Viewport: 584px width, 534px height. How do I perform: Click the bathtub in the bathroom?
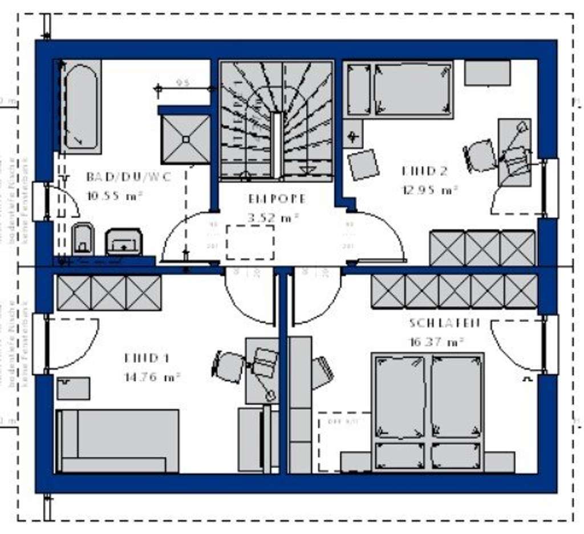point(80,107)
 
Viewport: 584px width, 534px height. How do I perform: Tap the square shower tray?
point(185,139)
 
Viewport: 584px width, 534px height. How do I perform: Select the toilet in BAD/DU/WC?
point(83,238)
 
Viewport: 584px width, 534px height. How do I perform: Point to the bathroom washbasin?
point(123,241)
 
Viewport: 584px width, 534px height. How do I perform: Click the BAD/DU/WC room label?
point(129,176)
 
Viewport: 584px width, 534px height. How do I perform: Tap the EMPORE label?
point(277,199)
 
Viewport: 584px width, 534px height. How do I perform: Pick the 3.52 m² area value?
point(274,217)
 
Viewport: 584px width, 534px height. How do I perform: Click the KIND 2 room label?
point(424,171)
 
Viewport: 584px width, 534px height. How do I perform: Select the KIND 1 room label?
point(147,358)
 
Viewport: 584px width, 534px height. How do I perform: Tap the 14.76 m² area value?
point(152,377)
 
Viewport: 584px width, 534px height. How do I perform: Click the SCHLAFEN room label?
point(444,323)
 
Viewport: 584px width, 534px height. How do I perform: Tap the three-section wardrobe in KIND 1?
point(108,293)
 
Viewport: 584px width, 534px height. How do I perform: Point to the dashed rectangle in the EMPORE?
point(250,242)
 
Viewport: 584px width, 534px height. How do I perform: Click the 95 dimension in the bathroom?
point(182,83)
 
